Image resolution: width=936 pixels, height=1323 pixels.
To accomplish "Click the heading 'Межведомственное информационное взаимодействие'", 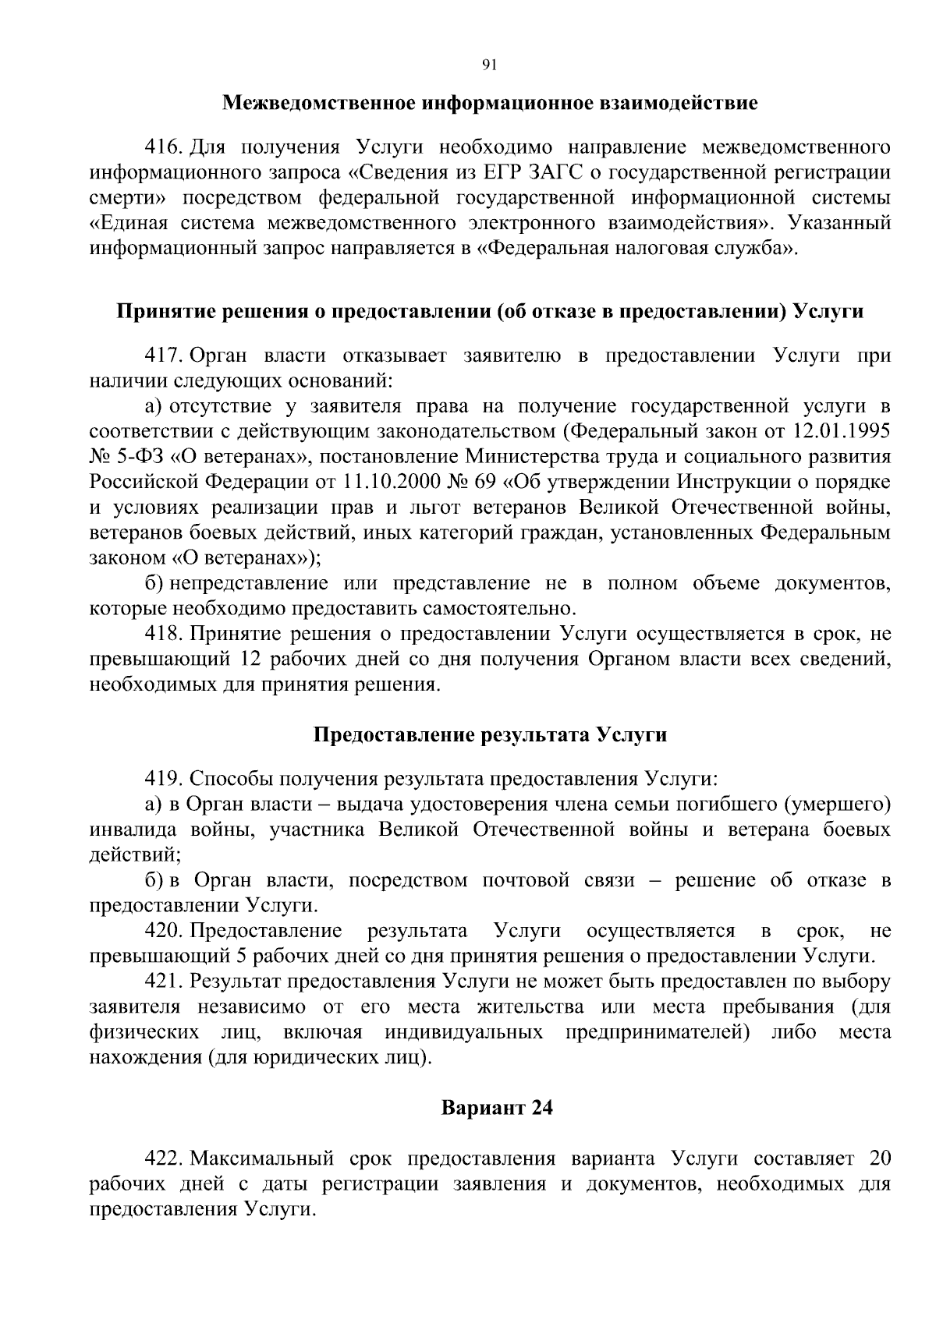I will [489, 103].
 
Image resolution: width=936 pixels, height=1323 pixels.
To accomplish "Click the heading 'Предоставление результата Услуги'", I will [489, 735].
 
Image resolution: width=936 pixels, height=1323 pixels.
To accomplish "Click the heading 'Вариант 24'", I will [497, 1108].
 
